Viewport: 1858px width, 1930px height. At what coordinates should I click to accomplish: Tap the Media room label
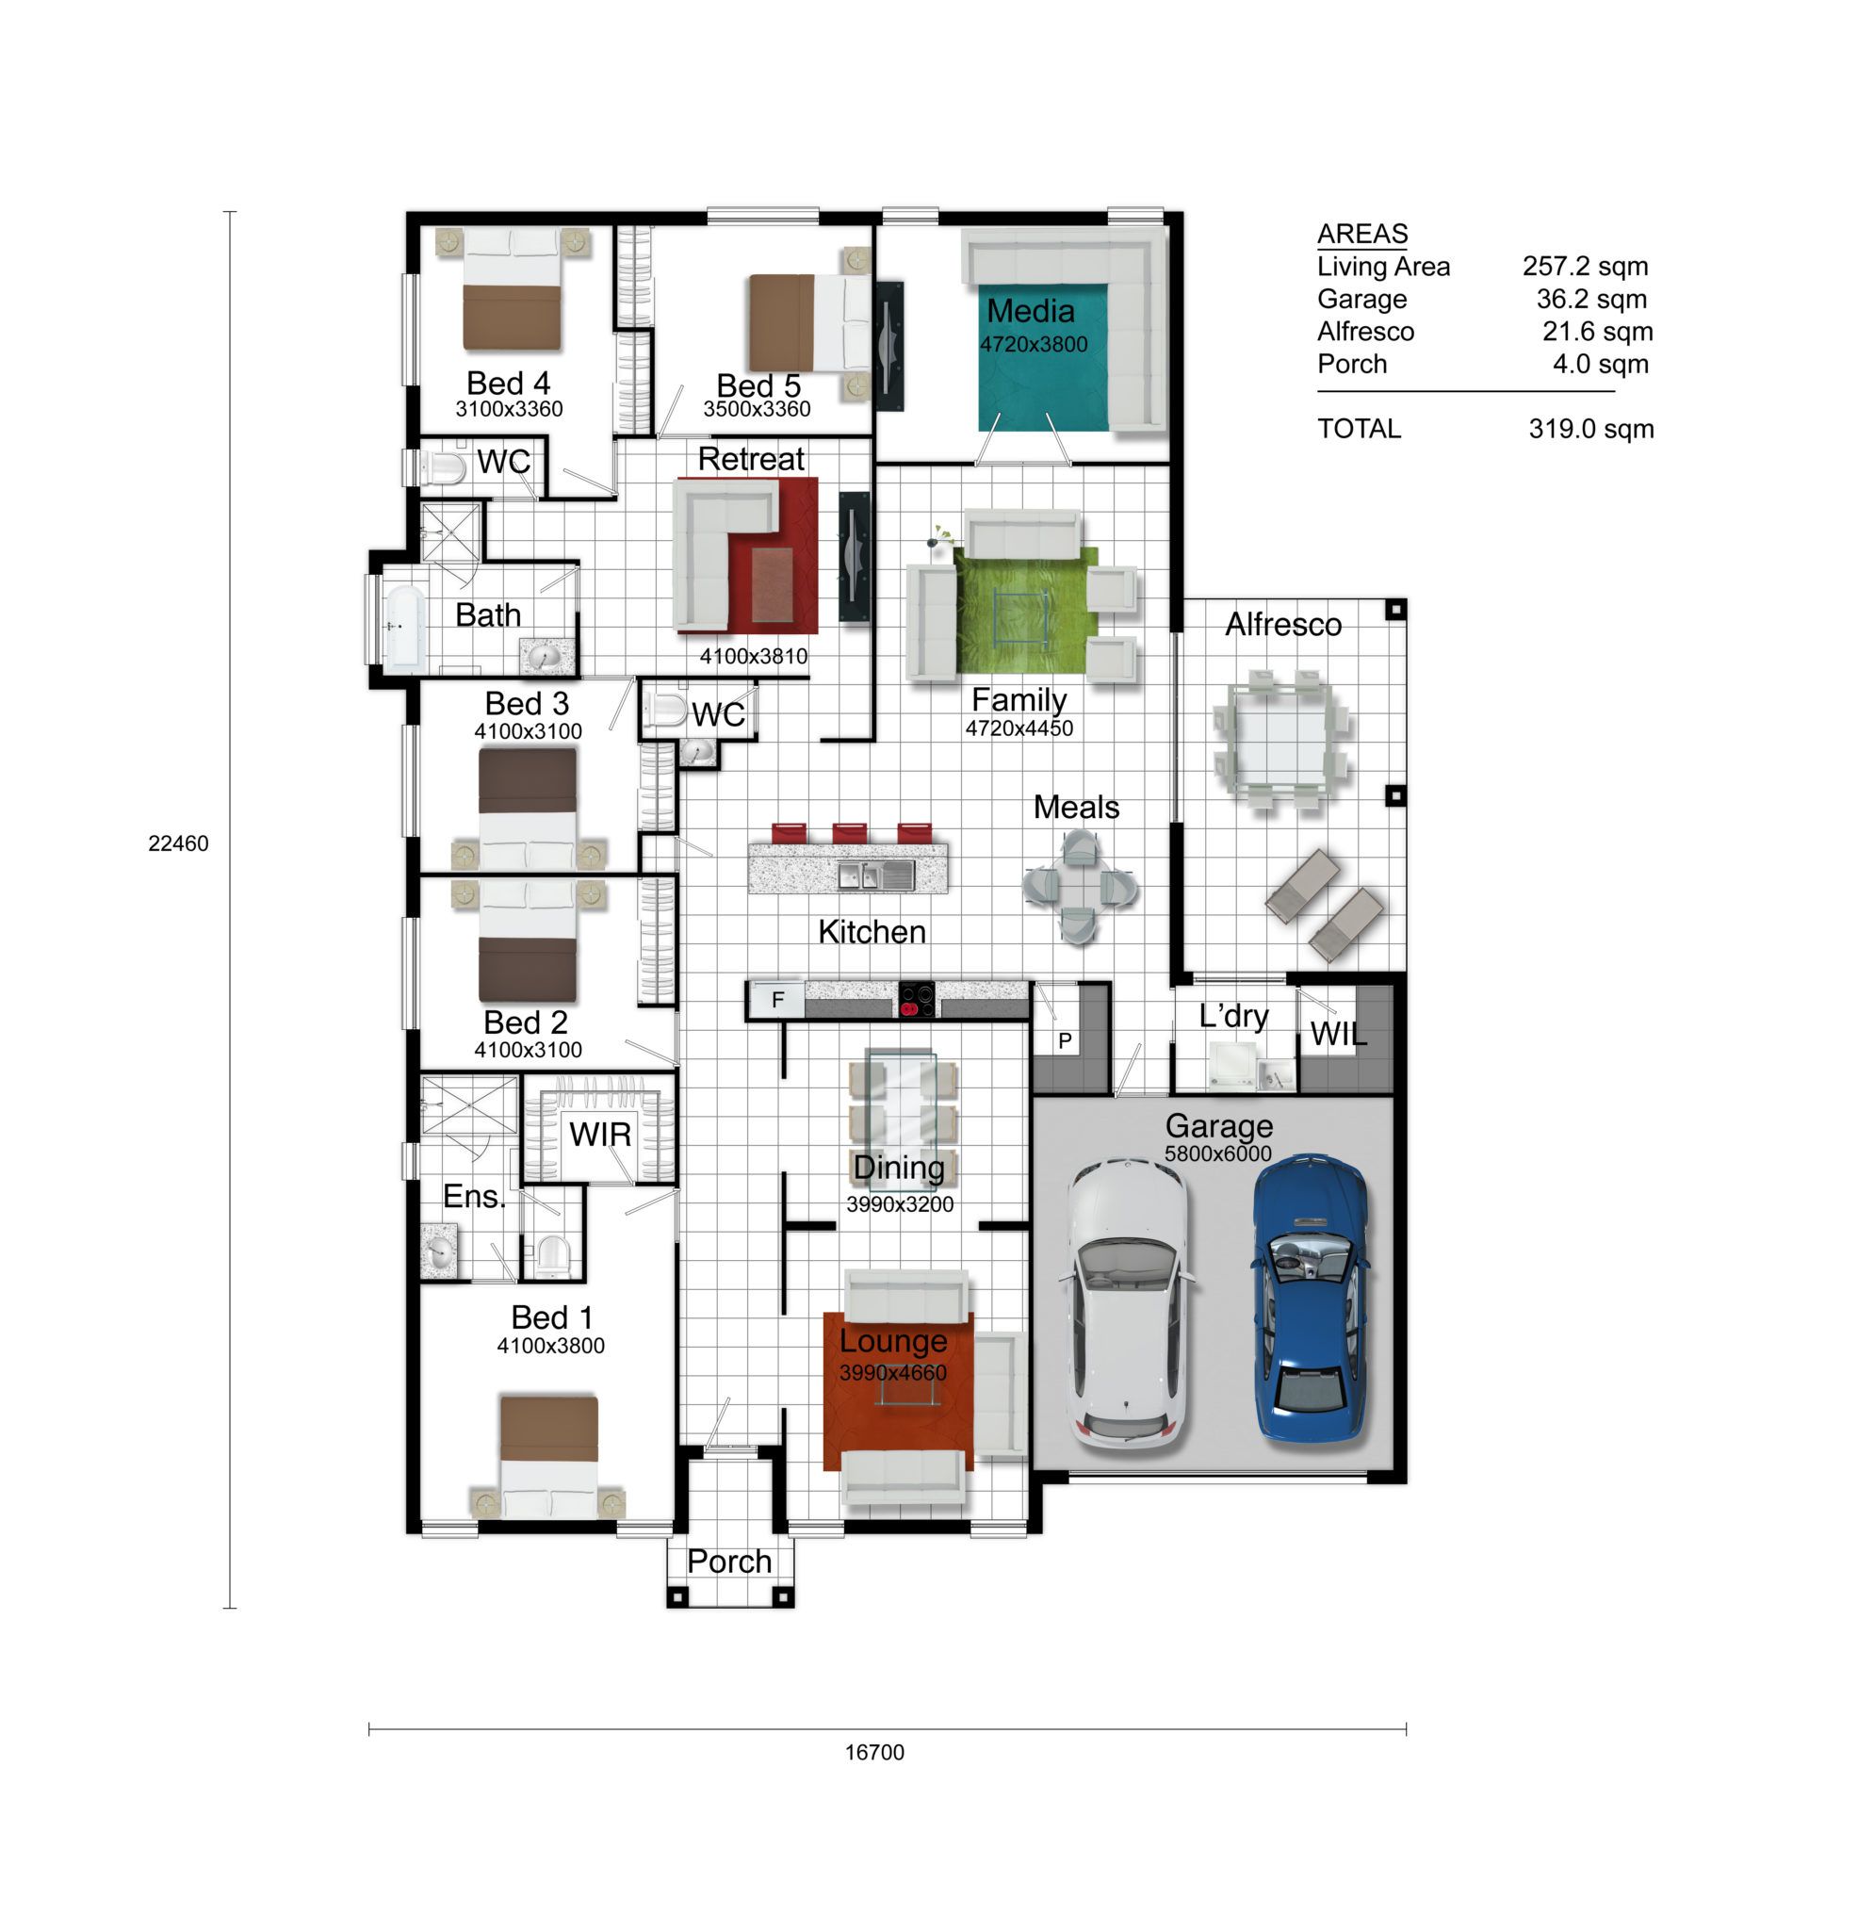1030,311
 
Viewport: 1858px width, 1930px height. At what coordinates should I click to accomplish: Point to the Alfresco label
1282,624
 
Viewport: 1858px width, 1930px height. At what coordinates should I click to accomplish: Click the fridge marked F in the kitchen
777,1000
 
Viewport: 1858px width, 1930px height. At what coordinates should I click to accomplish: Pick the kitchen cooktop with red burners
917,999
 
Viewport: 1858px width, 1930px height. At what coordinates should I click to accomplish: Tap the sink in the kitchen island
875,875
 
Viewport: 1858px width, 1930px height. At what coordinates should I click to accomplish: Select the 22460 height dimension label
178,842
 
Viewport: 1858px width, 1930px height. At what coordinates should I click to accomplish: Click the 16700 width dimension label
874,1752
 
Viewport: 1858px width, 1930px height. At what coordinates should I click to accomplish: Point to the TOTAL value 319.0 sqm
1590,429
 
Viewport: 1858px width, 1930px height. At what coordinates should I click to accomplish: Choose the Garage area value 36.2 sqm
1591,299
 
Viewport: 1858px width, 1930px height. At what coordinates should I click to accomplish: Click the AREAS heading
1361,234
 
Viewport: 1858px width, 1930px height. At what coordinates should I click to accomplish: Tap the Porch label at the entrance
728,1561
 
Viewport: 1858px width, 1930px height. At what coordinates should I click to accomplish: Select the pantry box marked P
1064,1040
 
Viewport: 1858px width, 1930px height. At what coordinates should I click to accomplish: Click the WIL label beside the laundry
1338,1034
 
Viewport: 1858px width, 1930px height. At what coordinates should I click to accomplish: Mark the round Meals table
1079,886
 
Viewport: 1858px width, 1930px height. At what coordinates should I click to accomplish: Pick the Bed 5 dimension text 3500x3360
757,409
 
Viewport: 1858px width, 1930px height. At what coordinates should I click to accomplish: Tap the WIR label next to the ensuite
599,1135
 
